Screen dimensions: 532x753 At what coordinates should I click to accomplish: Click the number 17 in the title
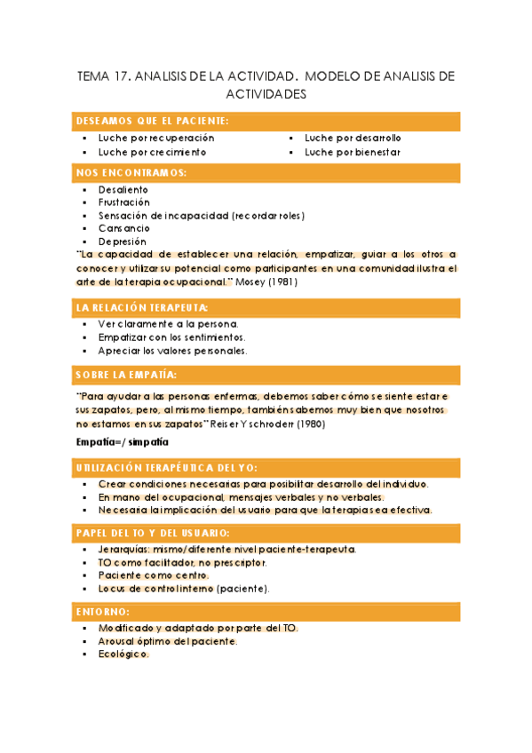(x=122, y=77)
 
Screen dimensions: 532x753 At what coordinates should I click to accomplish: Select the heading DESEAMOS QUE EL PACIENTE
(x=152, y=121)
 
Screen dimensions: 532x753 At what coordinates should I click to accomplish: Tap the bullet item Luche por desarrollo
(x=353, y=139)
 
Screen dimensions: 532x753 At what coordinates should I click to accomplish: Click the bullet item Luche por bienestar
(x=353, y=152)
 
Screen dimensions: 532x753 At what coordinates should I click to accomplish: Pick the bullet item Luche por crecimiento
(x=152, y=152)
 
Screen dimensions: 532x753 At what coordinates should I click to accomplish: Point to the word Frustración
(x=124, y=202)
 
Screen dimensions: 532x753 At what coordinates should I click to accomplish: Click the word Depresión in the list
(x=123, y=242)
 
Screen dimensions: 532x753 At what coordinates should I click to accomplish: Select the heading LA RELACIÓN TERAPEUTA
(x=142, y=307)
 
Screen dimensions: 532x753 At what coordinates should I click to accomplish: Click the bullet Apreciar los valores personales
(x=172, y=351)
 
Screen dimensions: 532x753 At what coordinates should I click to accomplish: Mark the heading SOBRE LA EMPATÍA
(x=126, y=375)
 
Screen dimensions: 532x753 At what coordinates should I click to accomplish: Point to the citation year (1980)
(x=310, y=424)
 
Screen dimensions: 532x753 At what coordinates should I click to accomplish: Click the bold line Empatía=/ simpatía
(x=122, y=441)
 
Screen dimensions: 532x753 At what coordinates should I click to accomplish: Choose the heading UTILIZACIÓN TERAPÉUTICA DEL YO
(x=167, y=466)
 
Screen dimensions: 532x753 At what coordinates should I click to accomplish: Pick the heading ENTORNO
(x=103, y=612)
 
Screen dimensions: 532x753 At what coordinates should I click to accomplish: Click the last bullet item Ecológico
(x=123, y=654)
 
